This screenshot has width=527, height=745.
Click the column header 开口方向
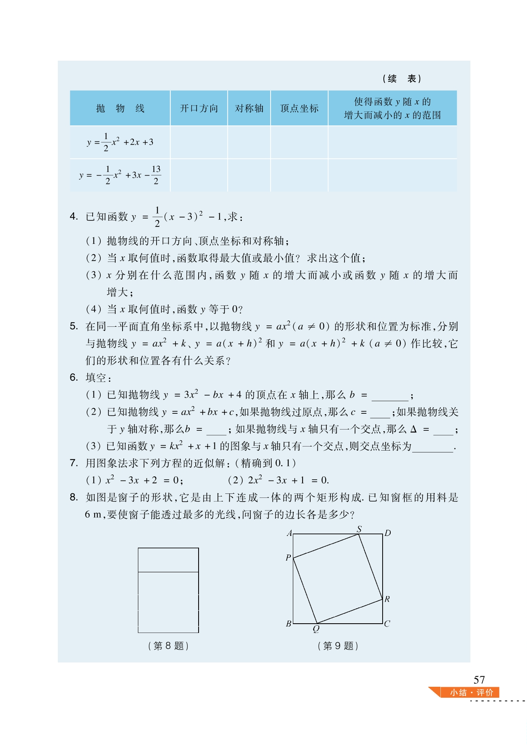click(x=199, y=108)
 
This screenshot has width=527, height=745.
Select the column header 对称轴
click(x=249, y=108)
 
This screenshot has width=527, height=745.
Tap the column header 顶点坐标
click(x=299, y=108)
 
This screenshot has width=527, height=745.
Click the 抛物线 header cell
click(x=120, y=108)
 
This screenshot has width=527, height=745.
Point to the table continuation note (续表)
click(x=402, y=78)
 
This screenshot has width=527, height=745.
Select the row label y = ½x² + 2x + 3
click(x=120, y=142)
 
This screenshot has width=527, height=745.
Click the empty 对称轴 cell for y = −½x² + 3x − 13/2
click(x=249, y=175)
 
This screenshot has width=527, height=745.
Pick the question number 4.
click(x=73, y=216)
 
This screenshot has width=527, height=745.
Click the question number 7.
click(x=73, y=463)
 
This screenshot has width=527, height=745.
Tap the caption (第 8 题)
click(x=168, y=646)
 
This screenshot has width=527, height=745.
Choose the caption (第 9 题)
click(x=338, y=646)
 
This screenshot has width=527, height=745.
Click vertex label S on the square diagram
click(x=359, y=529)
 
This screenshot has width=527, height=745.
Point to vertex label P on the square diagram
click(x=288, y=558)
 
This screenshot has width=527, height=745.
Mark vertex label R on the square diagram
click(x=387, y=599)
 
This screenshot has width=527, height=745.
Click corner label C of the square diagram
click(x=387, y=624)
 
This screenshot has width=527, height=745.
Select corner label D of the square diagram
click(x=387, y=533)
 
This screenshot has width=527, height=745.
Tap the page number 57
click(x=479, y=680)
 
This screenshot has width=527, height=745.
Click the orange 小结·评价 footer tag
click(x=471, y=692)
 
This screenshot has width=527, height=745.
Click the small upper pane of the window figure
click(x=168, y=560)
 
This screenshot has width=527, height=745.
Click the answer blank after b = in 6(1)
click(x=389, y=396)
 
